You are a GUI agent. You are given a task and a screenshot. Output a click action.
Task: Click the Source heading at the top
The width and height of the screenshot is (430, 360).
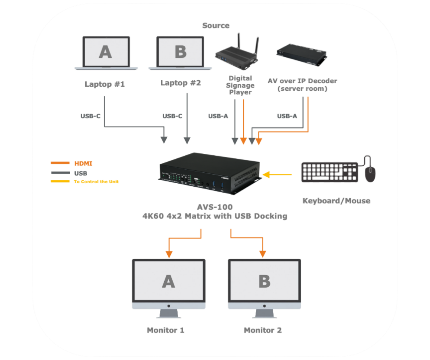(216, 25)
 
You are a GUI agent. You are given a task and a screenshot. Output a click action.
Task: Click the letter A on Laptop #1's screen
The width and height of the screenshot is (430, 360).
(105, 52)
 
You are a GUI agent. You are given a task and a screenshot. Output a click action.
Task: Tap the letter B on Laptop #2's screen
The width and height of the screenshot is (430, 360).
(181, 52)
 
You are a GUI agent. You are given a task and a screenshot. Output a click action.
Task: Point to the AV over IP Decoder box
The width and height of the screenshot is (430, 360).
(302, 55)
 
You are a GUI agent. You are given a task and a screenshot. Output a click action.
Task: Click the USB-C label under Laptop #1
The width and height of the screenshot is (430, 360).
(90, 116)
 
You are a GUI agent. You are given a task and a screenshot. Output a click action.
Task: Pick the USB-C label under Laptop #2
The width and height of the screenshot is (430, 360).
(172, 116)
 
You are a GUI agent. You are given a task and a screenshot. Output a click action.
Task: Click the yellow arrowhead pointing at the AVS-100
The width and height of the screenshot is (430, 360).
(266, 175)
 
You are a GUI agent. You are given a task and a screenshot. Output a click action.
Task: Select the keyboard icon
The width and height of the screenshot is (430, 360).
(329, 172)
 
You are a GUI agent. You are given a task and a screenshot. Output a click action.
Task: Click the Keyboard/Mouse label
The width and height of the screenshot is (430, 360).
(336, 201)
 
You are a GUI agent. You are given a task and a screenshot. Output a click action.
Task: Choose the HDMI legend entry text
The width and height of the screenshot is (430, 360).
(83, 163)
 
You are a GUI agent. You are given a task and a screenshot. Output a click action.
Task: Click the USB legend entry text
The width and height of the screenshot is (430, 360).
(81, 173)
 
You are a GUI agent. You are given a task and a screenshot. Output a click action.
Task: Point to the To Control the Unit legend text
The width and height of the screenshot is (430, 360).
(96, 182)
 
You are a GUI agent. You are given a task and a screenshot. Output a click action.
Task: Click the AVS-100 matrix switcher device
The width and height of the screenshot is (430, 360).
(210, 174)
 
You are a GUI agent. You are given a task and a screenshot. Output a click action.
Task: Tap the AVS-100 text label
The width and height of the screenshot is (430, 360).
(215, 207)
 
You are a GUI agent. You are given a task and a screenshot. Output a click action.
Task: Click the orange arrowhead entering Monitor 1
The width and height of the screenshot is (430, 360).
(169, 254)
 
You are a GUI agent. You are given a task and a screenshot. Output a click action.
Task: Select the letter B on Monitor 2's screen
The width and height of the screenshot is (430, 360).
(264, 281)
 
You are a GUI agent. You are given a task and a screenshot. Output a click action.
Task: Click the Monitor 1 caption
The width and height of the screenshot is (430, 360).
(165, 330)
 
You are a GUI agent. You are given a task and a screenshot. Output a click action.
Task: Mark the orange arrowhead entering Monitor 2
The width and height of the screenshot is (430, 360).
(262, 254)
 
